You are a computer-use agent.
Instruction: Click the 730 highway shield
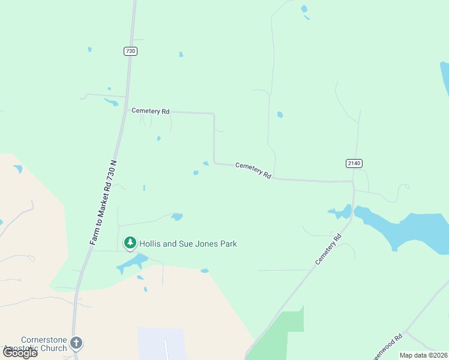(131, 51)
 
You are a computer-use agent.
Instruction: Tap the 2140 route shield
(354, 163)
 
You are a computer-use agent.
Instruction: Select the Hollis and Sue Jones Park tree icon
(130, 243)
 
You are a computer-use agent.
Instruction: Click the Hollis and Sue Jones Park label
(188, 244)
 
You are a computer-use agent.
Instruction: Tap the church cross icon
(76, 343)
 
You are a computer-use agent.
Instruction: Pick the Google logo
(20, 353)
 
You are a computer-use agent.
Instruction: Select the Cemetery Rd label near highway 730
(150, 111)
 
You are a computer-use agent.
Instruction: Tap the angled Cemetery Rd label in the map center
(253, 170)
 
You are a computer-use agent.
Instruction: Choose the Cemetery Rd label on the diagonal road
(328, 249)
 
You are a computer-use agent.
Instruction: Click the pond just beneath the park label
(133, 262)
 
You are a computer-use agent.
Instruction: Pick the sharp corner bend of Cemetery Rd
(214, 113)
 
